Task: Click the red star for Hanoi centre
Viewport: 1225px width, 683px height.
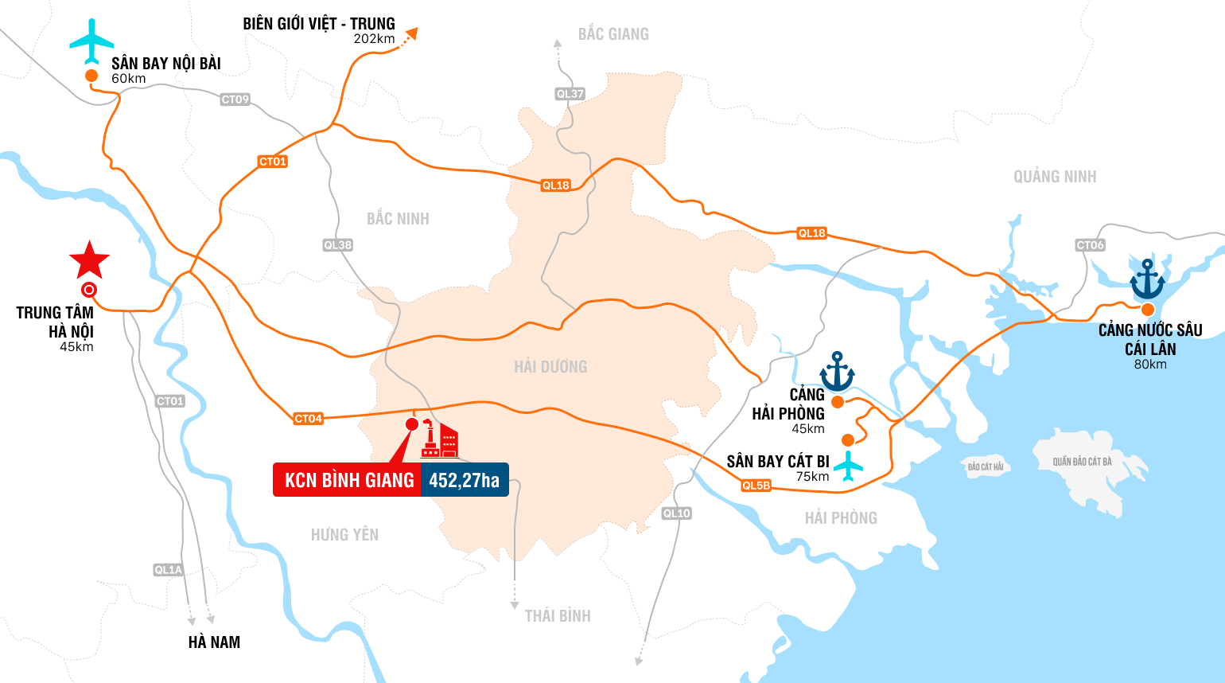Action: pos(89,260)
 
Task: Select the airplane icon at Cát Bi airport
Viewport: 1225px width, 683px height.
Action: pos(849,466)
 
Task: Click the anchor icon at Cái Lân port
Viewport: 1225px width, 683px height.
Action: pos(1147,279)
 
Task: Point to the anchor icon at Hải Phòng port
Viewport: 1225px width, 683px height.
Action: pos(837,371)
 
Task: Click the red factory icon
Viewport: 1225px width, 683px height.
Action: pos(439,440)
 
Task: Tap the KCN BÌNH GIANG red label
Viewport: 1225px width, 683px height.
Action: pos(348,480)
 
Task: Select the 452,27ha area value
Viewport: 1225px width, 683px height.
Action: pos(465,480)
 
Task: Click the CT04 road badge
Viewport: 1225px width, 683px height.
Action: pos(308,419)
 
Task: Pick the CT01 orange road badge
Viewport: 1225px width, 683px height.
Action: pos(273,162)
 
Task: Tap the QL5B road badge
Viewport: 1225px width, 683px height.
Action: pos(756,486)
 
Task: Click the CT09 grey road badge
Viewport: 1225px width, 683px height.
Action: pos(235,100)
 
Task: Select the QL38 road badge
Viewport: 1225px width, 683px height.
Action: pos(338,245)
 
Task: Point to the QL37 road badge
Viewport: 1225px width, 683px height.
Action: pos(570,94)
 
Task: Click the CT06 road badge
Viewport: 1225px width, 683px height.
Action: pos(1090,245)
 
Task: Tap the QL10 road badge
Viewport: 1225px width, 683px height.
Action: pos(677,513)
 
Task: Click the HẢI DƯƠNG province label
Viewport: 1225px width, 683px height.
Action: pos(550,367)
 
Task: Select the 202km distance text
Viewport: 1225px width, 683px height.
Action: pos(374,39)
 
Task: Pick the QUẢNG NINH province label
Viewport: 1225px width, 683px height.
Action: pos(1055,177)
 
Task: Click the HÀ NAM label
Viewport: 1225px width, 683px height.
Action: pos(214,642)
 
